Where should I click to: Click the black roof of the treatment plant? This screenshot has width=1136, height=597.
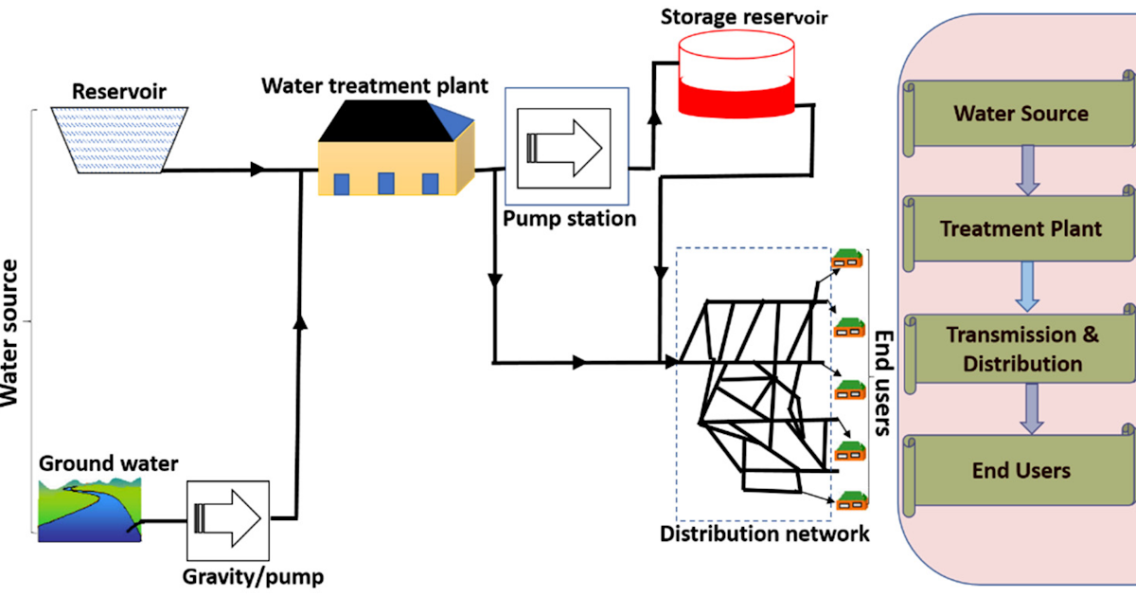(x=387, y=118)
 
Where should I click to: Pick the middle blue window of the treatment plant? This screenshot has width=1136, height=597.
(x=386, y=182)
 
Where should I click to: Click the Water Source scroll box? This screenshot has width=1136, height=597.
(x=1021, y=115)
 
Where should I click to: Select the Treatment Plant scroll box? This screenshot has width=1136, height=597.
(x=1021, y=229)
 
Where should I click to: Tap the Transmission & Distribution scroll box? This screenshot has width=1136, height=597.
(x=1021, y=349)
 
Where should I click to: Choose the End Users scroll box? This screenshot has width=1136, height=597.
(x=1021, y=471)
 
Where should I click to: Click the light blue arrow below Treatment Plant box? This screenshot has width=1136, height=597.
(x=1024, y=287)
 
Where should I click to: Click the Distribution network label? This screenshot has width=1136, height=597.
(x=764, y=534)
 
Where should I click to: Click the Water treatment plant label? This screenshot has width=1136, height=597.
(x=375, y=86)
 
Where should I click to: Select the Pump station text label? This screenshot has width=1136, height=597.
(x=569, y=219)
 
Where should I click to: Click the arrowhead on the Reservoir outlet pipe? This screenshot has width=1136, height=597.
(x=256, y=171)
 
